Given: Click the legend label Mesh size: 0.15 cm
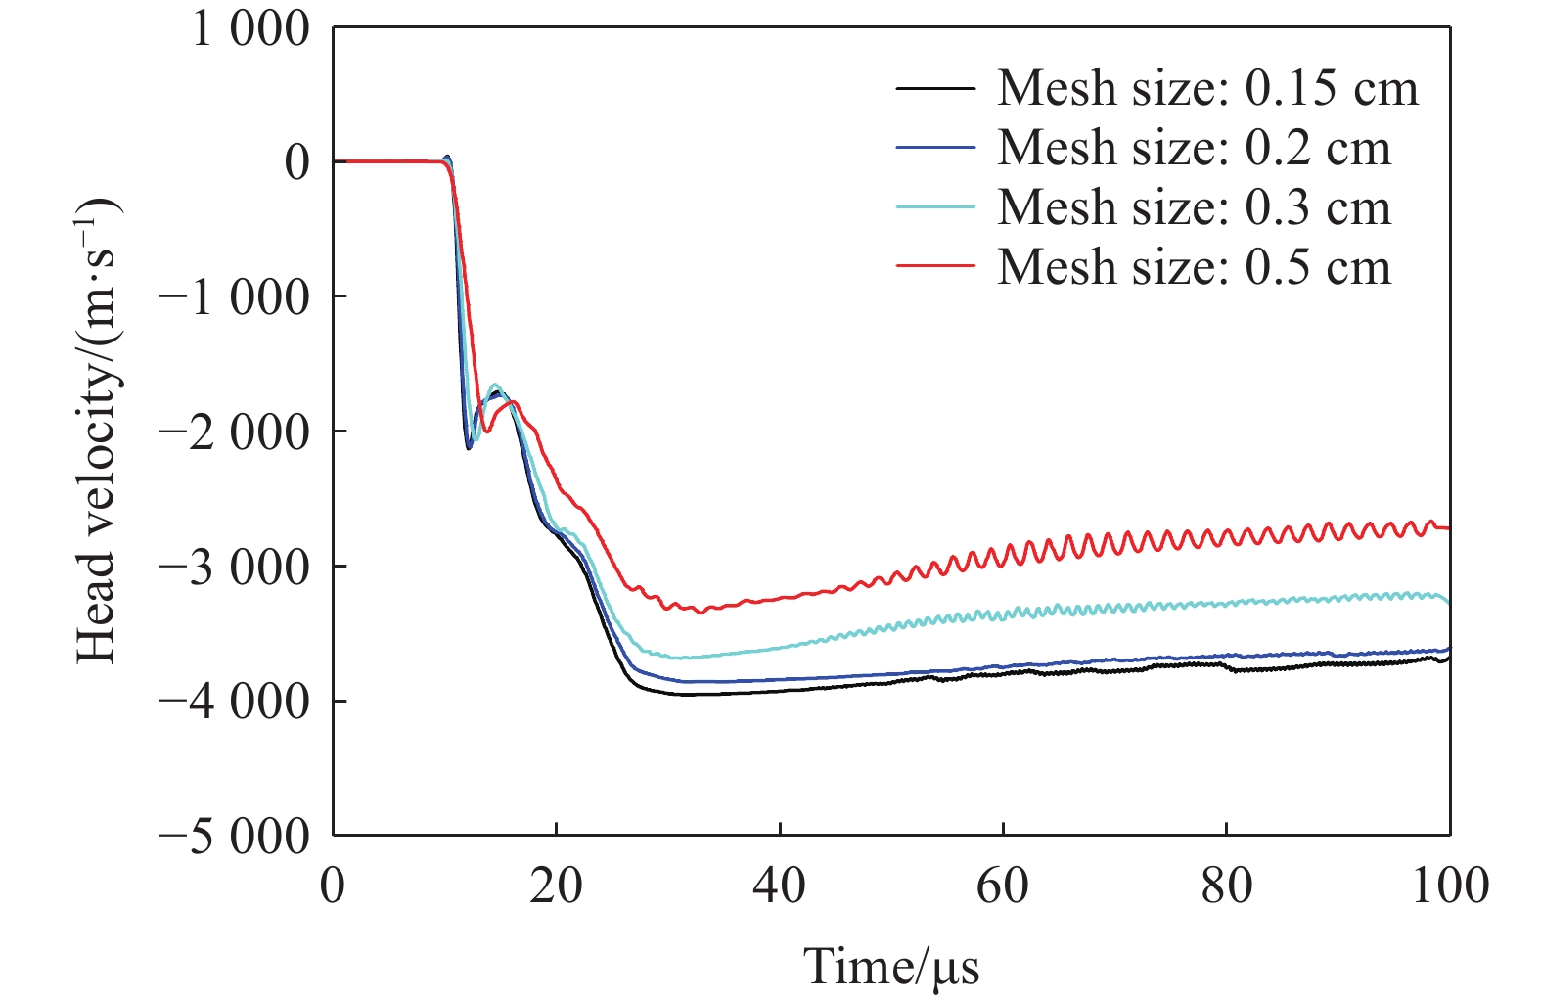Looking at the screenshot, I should point(1207,88).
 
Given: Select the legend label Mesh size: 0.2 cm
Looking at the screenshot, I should point(1194,148).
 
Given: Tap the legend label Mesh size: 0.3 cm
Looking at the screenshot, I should point(1194,207).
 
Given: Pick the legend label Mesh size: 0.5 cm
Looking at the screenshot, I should point(1194,267).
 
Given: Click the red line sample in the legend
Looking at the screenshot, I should point(935,266).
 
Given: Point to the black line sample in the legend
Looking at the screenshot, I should point(935,88).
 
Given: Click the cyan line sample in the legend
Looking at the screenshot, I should point(935,207).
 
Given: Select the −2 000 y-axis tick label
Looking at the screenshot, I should point(234,432).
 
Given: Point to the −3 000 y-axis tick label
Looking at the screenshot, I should point(234,567).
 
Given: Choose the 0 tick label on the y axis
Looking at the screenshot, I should point(296,162).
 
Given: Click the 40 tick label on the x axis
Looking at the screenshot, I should point(779,886).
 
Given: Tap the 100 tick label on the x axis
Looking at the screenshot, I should point(1449,886).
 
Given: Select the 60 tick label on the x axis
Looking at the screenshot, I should point(1003,886).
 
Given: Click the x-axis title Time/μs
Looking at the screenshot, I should point(891,967).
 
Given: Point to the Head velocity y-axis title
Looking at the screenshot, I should point(97,431).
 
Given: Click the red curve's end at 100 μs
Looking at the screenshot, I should point(1449,528).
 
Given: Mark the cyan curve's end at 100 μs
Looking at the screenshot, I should point(1449,603).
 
